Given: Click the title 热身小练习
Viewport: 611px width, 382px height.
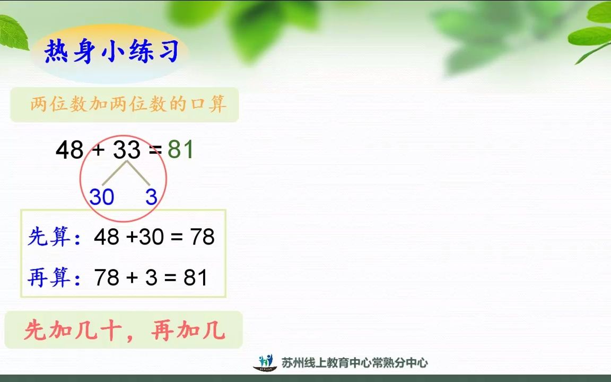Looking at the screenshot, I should coord(111,53).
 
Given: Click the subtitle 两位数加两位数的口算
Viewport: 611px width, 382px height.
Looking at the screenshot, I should coord(128,105).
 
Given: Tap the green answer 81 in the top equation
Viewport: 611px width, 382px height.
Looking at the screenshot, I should coord(181,150).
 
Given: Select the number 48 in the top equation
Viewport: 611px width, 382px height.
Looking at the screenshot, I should coord(69,151).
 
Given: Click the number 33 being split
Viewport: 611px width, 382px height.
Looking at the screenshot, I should coord(127,151).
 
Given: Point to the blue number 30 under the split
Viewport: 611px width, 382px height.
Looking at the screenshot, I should coord(102,197).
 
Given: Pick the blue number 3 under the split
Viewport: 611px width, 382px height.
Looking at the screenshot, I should coord(152,197).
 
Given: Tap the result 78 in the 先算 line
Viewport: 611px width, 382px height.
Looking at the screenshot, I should coord(202,237).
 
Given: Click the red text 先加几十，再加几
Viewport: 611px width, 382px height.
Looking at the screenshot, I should coord(125,331).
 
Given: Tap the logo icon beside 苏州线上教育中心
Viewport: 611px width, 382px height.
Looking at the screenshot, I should coord(265,362).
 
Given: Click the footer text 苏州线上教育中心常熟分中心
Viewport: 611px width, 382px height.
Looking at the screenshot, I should coord(355,363).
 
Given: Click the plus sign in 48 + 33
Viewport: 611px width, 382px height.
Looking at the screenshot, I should coord(98,151).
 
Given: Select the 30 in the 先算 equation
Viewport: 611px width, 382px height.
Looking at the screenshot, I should coord(152,237).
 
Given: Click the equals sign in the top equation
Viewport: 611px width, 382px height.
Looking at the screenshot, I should coord(155,151).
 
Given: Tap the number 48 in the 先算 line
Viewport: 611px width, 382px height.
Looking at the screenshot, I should coord(107,237).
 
